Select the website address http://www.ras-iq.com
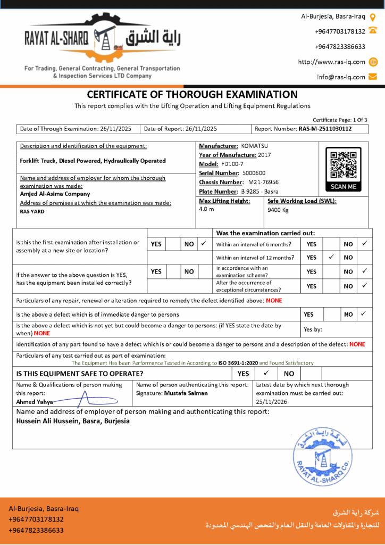pyautogui.click(x=332, y=62)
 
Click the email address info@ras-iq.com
pyautogui.click(x=341, y=77)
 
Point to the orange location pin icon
pyautogui.click(x=373, y=16)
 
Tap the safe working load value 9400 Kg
pyautogui.click(x=278, y=210)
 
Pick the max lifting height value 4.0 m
pyautogui.click(x=206, y=209)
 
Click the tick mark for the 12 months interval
pyautogui.click(x=331, y=257)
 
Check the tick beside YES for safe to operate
pyautogui.click(x=266, y=373)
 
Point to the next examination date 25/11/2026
pyautogui.click(x=271, y=402)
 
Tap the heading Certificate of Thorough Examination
pyautogui.click(x=192, y=95)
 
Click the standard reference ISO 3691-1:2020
pyautogui.click(x=237, y=363)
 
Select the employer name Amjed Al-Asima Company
pyautogui.click(x=55, y=194)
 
